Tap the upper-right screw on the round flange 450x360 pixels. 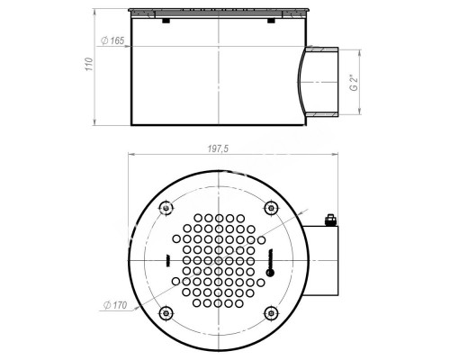[269, 209]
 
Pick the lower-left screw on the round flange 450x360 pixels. [165, 312]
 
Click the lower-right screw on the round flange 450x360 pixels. [269, 312]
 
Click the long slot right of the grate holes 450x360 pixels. [269, 261]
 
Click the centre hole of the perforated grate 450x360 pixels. [218, 261]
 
